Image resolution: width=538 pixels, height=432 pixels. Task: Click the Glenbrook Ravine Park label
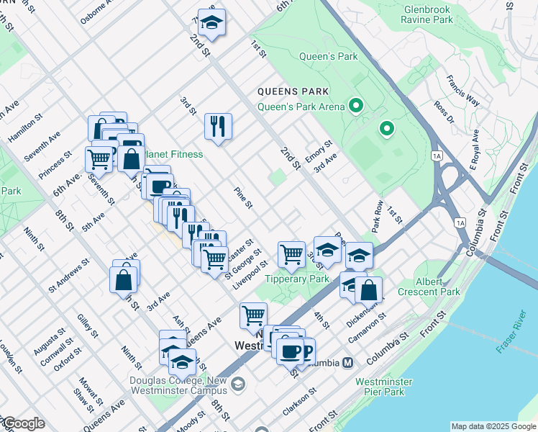tap(429, 14)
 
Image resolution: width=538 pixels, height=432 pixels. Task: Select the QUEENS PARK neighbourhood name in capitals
tap(293, 91)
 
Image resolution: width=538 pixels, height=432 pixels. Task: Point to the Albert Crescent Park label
tap(437, 287)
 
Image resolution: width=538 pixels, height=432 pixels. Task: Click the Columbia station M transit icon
tap(347, 363)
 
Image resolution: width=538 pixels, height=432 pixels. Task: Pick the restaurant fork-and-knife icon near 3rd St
tap(216, 127)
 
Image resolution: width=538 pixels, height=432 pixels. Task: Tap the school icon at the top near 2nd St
tap(211, 22)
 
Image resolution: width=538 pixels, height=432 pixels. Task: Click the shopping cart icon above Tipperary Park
tap(291, 253)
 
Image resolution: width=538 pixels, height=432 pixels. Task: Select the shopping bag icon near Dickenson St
tap(368, 289)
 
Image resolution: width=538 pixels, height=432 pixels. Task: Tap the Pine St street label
tap(243, 198)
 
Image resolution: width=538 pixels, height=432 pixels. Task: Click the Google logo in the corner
tap(23, 423)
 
